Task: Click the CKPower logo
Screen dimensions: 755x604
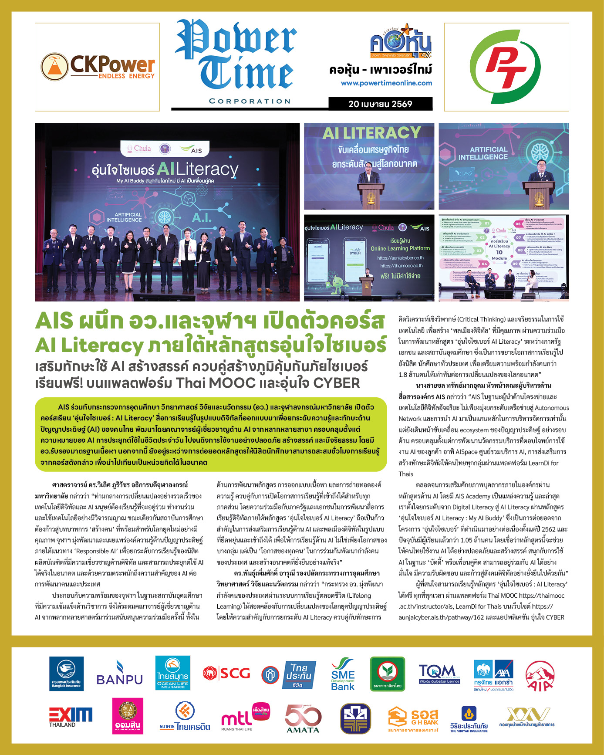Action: (x=98, y=67)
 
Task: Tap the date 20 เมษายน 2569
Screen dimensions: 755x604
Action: (x=380, y=104)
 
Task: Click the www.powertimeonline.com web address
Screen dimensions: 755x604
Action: (x=386, y=83)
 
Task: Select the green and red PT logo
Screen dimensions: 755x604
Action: (x=506, y=67)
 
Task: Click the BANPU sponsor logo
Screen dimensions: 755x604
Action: (x=119, y=674)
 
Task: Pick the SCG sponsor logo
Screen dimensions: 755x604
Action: (x=226, y=674)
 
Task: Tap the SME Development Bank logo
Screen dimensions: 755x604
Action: (x=343, y=674)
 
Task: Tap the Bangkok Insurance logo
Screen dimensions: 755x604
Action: (x=66, y=674)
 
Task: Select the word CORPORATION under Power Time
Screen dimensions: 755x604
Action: (x=250, y=101)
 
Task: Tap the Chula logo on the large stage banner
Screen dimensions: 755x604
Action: (x=139, y=149)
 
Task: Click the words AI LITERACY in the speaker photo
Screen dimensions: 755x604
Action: (x=371, y=132)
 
